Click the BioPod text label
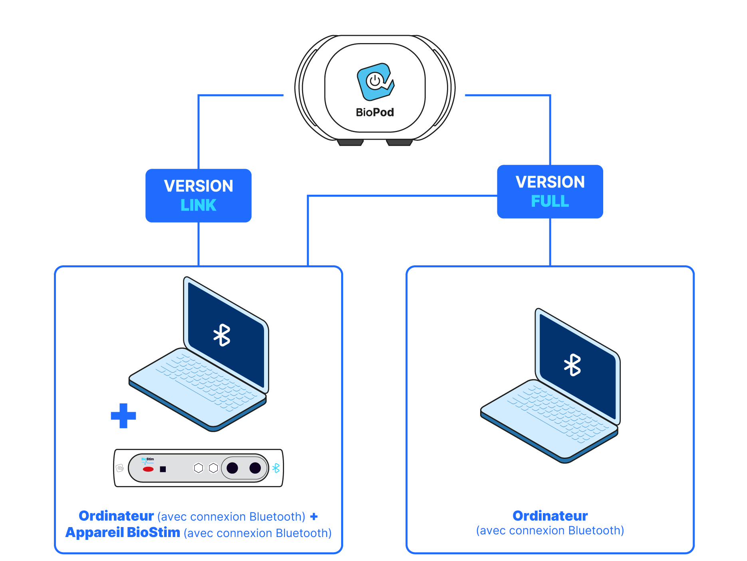pos(375,113)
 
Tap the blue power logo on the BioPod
pos(375,81)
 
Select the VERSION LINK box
pos(199,195)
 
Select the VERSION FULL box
pos(550,192)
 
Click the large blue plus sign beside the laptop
pos(123,416)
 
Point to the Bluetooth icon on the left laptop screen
pos(222,335)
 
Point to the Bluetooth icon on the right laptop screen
pos(572,365)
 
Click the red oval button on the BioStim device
pos(148,469)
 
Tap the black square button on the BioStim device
pos(163,469)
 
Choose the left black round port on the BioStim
pos(232,468)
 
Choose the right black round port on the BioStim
pos(255,468)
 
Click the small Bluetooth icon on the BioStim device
pos(276,468)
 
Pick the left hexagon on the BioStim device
pos(199,468)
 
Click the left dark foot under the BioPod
pos(350,142)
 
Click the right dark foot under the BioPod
pos(399,142)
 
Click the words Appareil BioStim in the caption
pos(123,533)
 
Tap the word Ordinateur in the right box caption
pos(550,516)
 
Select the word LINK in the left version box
pos(199,205)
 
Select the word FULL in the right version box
pos(550,201)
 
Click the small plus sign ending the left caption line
pos(314,517)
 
